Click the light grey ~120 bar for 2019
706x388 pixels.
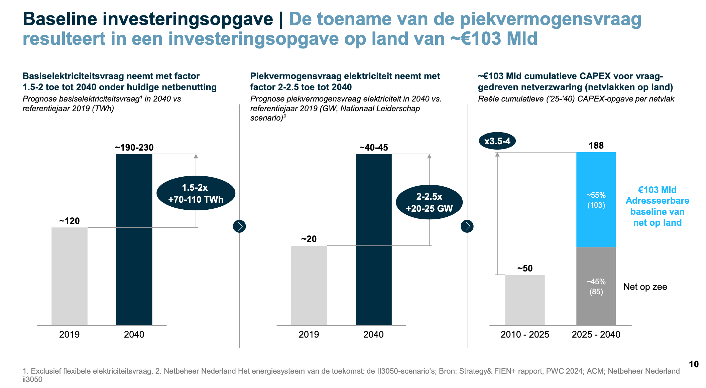click(69, 276)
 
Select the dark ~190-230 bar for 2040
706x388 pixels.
click(134, 239)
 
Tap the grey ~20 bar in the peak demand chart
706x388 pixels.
click(309, 285)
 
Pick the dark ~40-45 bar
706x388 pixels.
click(373, 239)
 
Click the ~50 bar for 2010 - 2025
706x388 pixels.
click(525, 300)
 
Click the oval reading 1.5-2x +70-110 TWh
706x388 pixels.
click(196, 193)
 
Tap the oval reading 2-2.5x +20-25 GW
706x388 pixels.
click(429, 202)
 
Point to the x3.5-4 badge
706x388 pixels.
click(497, 141)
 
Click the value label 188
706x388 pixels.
click(596, 146)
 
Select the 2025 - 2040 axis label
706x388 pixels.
click(596, 334)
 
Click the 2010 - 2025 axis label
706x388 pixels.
click(525, 334)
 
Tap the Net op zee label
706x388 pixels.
click(645, 287)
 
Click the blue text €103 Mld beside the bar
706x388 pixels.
click(657, 190)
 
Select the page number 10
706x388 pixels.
click(694, 364)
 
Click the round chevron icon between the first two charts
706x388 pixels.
click(239, 226)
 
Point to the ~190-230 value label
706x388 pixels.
click(134, 148)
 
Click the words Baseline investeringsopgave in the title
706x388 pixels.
click(148, 19)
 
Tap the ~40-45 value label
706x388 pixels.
click(373, 148)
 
